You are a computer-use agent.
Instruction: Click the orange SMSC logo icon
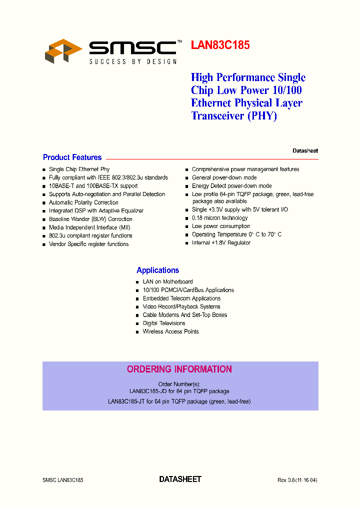pos(63,50)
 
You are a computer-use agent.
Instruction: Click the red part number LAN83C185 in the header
pos(220,45)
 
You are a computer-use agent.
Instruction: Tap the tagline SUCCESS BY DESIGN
pos(133,61)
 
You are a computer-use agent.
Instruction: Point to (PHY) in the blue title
pos(262,116)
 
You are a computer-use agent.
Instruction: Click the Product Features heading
pos(72,157)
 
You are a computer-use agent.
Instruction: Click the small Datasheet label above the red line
pos(305,150)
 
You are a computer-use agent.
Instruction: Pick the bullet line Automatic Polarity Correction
pos(83,202)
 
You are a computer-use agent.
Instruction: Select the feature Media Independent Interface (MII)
pos(89,227)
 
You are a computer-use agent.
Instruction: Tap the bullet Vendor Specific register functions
pos(88,244)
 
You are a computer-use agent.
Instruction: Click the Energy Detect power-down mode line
pos(231,186)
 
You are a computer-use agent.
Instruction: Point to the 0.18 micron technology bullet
pos(219,218)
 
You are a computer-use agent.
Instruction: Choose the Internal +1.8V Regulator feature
pos(221,242)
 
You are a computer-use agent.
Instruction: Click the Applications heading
pos(157,270)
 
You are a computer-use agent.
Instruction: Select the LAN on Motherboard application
pos(167,281)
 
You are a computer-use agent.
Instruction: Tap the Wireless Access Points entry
pos(170,331)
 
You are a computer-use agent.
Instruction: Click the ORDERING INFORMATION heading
pos(179,369)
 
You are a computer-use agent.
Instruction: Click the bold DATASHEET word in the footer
pos(180,479)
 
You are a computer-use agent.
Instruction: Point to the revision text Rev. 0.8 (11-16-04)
pos(297,480)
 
